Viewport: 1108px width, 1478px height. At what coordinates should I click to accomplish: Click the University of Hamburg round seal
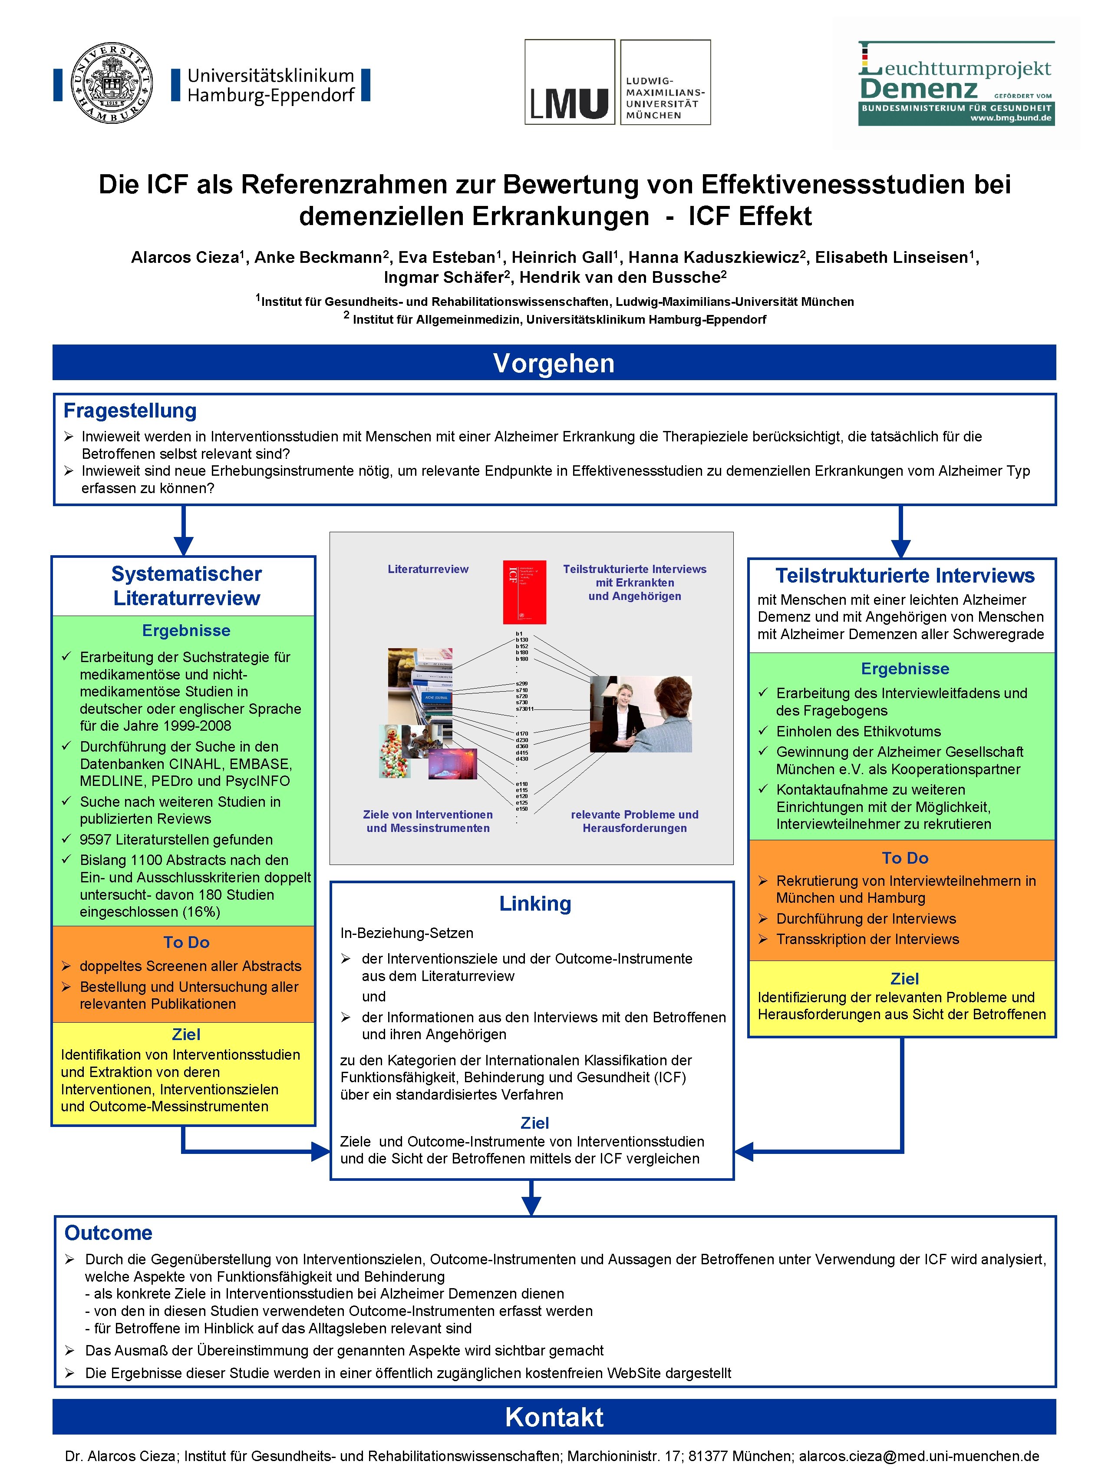(112, 83)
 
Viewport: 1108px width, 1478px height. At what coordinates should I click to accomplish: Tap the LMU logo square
(569, 82)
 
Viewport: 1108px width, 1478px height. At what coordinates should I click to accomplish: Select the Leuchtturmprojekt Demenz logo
(956, 83)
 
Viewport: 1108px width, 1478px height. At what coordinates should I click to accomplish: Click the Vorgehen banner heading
(554, 363)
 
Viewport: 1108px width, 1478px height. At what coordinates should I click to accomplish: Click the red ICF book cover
(524, 591)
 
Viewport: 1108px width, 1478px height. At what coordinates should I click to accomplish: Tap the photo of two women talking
(640, 714)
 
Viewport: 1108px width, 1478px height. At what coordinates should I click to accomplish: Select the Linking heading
(535, 903)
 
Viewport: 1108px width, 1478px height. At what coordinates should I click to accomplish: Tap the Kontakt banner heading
(554, 1417)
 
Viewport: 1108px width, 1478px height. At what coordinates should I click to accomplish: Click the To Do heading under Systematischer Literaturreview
(186, 942)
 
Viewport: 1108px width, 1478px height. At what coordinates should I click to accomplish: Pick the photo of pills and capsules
(395, 752)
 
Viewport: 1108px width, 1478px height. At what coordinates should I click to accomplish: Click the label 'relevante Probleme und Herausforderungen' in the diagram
(634, 821)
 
